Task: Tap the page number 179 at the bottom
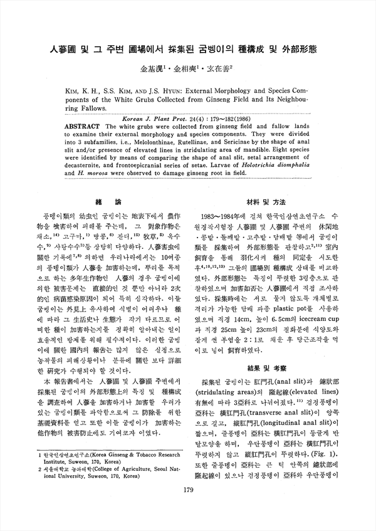pyautogui.click(x=187, y=508)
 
